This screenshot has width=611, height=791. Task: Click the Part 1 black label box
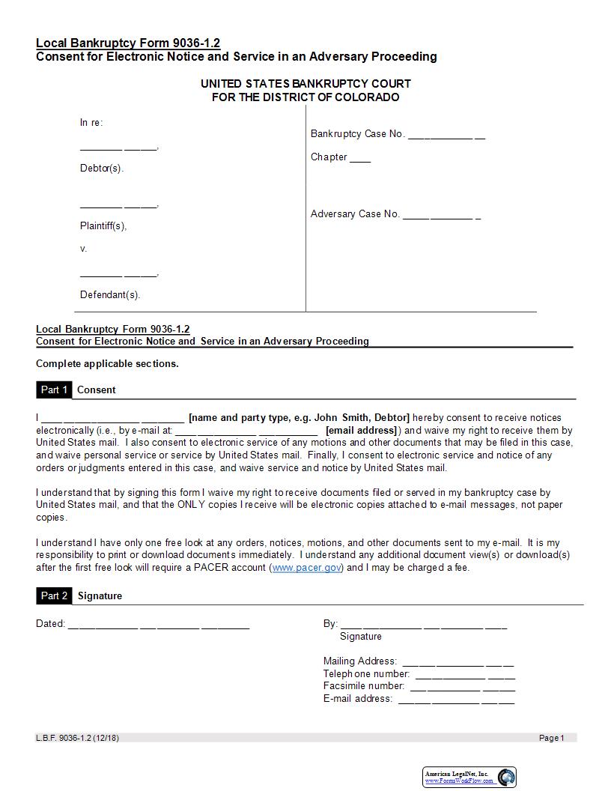[x=54, y=390]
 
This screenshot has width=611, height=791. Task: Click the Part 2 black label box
[x=54, y=595]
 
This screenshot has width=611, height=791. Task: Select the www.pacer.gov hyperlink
[x=306, y=568]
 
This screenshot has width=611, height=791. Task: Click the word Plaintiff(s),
[x=103, y=225]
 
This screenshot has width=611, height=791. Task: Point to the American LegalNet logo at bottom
[x=469, y=777]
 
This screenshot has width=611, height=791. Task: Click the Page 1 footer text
[x=552, y=738]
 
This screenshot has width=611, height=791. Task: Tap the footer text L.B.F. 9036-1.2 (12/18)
[x=77, y=738]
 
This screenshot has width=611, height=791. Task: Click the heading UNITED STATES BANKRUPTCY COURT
[x=305, y=83]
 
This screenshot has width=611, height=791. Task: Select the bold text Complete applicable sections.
[x=107, y=363]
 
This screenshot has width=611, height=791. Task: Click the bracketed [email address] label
[x=361, y=430]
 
